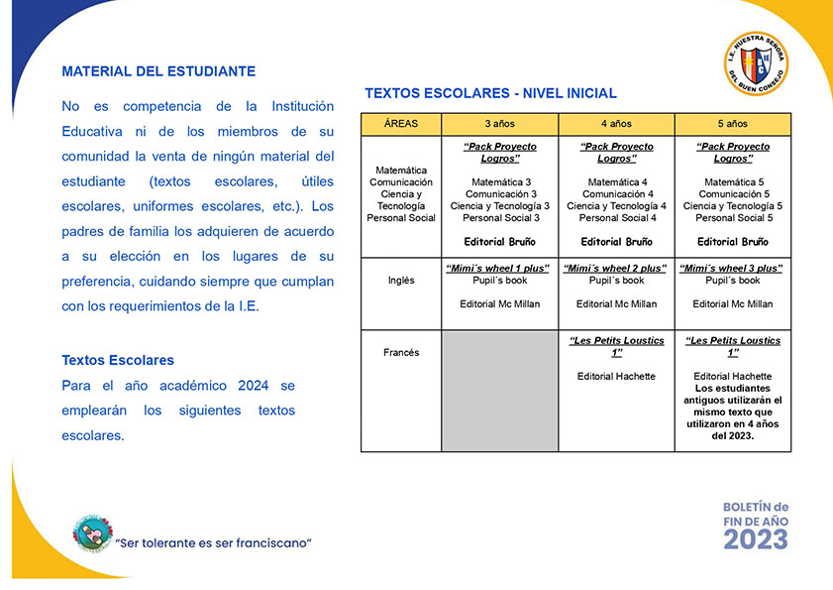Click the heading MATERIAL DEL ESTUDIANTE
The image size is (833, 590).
(x=158, y=71)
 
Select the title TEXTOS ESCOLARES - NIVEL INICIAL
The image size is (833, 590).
(x=490, y=93)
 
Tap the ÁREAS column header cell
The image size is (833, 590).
(x=401, y=124)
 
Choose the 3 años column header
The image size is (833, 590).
(x=500, y=124)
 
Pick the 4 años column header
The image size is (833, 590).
(x=616, y=124)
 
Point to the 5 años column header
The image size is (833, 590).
(x=733, y=124)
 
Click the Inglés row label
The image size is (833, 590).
(x=401, y=281)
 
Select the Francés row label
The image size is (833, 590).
(x=401, y=352)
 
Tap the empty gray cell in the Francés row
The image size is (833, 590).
(x=500, y=391)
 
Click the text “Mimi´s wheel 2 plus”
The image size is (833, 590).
(x=616, y=269)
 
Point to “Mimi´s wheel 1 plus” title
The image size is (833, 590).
(x=500, y=269)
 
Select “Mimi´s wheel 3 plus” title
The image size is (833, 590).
(x=733, y=269)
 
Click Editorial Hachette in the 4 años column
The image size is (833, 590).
(x=616, y=377)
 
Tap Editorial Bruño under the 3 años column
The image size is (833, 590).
(x=500, y=242)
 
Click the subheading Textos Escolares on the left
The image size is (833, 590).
(x=118, y=360)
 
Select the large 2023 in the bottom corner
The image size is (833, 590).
(x=755, y=538)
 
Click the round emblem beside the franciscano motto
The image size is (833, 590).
(x=92, y=534)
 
